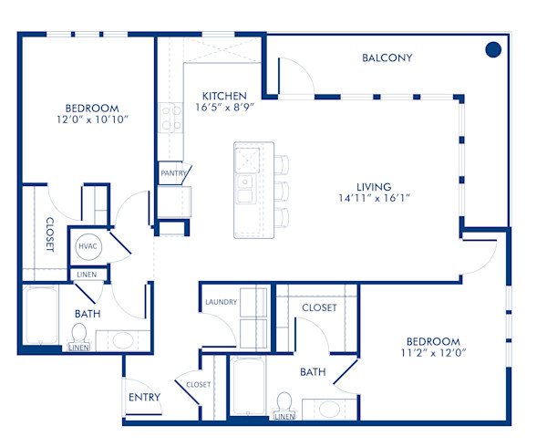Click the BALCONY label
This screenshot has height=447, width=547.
click(387, 58)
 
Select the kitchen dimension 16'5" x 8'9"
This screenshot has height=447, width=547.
click(224, 106)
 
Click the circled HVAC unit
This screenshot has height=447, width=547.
click(88, 246)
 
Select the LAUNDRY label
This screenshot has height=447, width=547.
click(221, 302)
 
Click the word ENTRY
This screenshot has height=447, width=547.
click(144, 397)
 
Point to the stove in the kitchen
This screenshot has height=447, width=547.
click(170, 115)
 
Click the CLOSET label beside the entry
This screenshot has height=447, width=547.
click(198, 385)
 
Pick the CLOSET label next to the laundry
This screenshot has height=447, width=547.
click(319, 308)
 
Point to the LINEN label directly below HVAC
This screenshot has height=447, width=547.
click(87, 275)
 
